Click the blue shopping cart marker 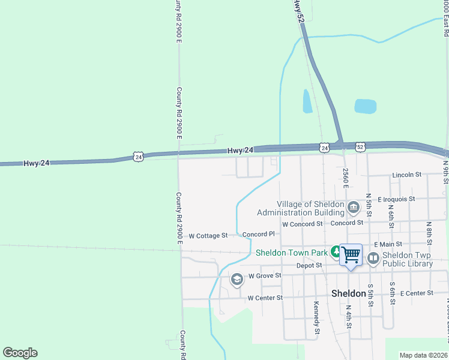point(351,255)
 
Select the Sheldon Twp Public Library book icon point(373,258)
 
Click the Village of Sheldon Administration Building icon point(353,208)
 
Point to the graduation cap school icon point(237,280)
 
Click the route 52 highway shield point(360,146)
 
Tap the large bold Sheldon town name point(349,293)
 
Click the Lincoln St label point(406,175)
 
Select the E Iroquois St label point(396,199)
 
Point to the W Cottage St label point(208,236)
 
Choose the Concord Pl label point(258,234)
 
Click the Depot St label point(310,265)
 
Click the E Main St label point(388,244)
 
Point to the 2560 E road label point(346,178)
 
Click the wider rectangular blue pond point(365,106)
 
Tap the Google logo point(20,353)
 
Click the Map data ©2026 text point(423,355)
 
